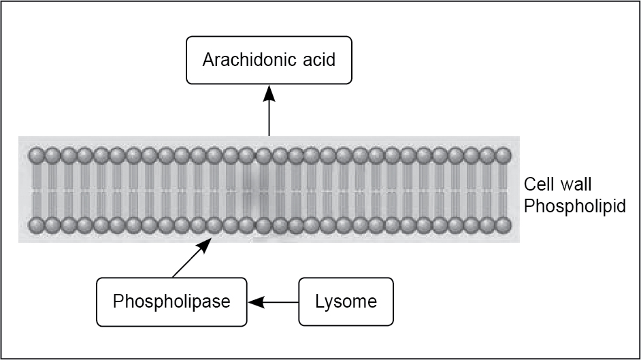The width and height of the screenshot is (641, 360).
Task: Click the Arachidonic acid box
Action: (x=269, y=60)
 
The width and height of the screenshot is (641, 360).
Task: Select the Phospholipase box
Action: (x=171, y=301)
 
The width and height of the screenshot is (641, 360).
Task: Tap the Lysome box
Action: (x=346, y=301)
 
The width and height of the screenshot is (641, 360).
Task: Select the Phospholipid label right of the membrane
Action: (x=575, y=206)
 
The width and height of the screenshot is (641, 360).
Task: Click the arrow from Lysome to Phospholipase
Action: (x=273, y=301)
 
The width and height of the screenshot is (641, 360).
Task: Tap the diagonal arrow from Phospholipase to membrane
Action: (x=190, y=260)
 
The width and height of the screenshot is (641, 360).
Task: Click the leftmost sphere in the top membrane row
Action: (x=36, y=156)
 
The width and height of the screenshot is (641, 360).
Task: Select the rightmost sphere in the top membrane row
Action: (x=504, y=156)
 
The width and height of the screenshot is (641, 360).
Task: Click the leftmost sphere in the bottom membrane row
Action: (x=36, y=225)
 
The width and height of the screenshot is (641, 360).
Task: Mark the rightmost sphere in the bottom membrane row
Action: (x=504, y=225)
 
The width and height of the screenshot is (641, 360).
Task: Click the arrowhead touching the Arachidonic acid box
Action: (x=269, y=92)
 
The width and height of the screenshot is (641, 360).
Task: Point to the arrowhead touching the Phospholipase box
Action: (x=252, y=301)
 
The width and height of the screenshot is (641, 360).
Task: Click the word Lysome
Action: (x=346, y=301)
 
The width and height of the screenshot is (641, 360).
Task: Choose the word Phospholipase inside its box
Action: (x=171, y=301)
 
